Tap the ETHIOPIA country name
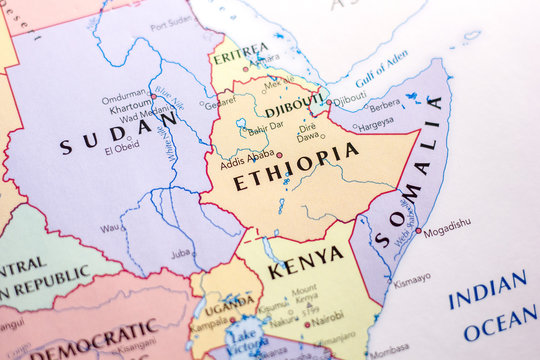click(295, 167)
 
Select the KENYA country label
click(305, 262)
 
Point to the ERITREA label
click(240, 49)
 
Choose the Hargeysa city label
click(376, 126)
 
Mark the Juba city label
click(181, 253)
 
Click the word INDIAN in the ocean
click(487, 290)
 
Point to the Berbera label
click(384, 104)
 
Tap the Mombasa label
click(388, 353)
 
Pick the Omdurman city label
click(124, 97)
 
